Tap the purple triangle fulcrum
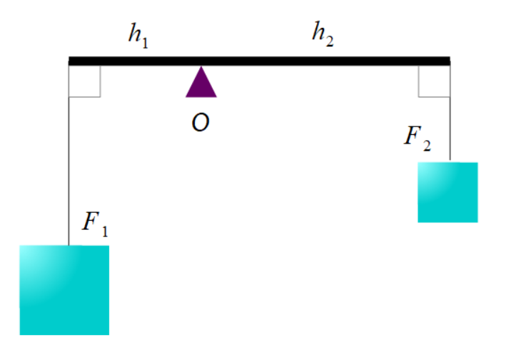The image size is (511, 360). pos(201,84)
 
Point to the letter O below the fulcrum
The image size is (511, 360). pos(201,123)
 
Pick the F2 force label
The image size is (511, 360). pos(418,136)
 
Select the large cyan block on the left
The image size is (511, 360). pos(64,290)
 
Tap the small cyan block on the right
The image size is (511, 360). pos(447,192)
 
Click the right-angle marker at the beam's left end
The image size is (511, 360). pos(85,81)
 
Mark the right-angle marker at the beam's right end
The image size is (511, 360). pos(434,80)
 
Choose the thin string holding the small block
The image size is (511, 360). pos(450,114)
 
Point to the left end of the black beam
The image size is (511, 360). pos(71,61)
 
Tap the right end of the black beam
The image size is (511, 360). pos(448,61)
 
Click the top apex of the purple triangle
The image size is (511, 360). pos(201,68)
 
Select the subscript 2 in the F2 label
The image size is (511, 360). pos(426,145)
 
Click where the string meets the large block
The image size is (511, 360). pos(69,246)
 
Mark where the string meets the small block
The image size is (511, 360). pos(450,162)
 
